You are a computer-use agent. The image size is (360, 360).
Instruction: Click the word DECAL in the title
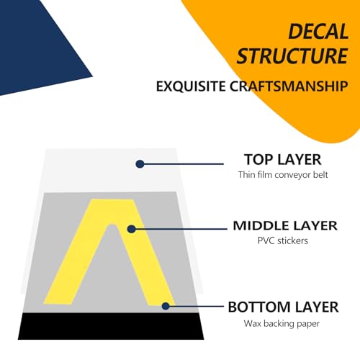(x=318, y=32)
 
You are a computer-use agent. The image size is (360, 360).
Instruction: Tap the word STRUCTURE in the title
(x=292, y=56)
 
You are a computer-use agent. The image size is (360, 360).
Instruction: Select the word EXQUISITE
(x=191, y=86)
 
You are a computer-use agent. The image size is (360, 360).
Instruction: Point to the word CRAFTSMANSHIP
(x=289, y=86)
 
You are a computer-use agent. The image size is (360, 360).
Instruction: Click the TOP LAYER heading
(x=283, y=160)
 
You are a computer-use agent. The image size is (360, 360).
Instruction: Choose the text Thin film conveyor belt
(x=283, y=175)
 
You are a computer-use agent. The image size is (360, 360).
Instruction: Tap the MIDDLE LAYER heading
(x=285, y=226)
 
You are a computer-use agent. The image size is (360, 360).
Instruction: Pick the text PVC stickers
(x=283, y=240)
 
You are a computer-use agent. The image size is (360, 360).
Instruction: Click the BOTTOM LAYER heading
(x=283, y=307)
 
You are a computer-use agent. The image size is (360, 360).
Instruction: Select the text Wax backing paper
(x=282, y=323)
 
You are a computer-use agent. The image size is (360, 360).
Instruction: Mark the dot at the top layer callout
(x=140, y=164)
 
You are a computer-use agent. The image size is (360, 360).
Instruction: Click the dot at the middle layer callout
(x=131, y=229)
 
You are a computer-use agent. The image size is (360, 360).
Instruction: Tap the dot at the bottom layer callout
(x=166, y=306)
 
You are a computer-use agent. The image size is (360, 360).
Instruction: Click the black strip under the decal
(x=111, y=326)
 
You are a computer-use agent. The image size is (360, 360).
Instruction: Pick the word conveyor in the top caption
(x=289, y=175)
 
